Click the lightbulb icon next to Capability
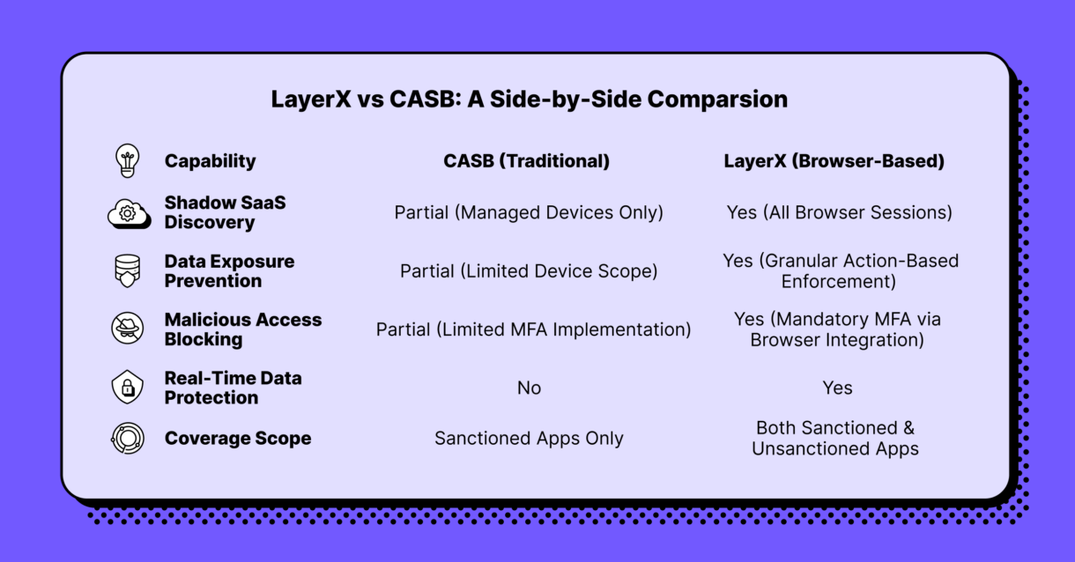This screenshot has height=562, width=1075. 128,161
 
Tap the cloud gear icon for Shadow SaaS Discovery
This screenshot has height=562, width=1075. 129,213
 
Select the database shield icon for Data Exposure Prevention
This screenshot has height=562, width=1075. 128,271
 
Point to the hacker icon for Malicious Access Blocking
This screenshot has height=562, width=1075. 128,329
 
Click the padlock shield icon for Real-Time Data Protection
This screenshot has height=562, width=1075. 128,388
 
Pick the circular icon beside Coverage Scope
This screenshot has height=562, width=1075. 128,439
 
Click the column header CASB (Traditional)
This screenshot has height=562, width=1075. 526,161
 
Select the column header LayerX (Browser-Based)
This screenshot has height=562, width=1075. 834,161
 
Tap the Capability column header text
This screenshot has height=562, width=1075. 210,161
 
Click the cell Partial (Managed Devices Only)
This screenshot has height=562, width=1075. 529,212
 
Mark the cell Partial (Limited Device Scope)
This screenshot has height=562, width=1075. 529,271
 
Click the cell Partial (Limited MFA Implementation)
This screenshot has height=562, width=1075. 533,329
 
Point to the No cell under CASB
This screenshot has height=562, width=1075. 529,388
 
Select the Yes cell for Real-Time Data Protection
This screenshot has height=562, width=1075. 837,388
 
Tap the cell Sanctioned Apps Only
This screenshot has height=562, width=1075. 529,439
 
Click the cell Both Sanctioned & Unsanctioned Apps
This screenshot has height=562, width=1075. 835,439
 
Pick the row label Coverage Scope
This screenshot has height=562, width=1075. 237,439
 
